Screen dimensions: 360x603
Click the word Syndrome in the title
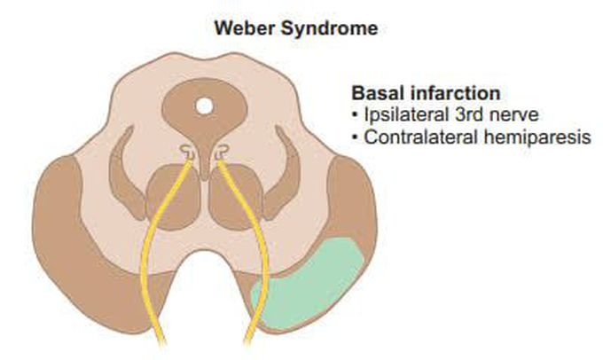tap(329, 28)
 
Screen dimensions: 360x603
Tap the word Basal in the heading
tap(377, 93)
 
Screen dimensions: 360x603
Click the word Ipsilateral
tap(400, 115)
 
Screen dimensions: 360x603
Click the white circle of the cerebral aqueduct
tap(204, 107)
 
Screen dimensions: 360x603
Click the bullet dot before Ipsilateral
tap(356, 116)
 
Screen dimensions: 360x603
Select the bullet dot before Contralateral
tap(356, 138)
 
